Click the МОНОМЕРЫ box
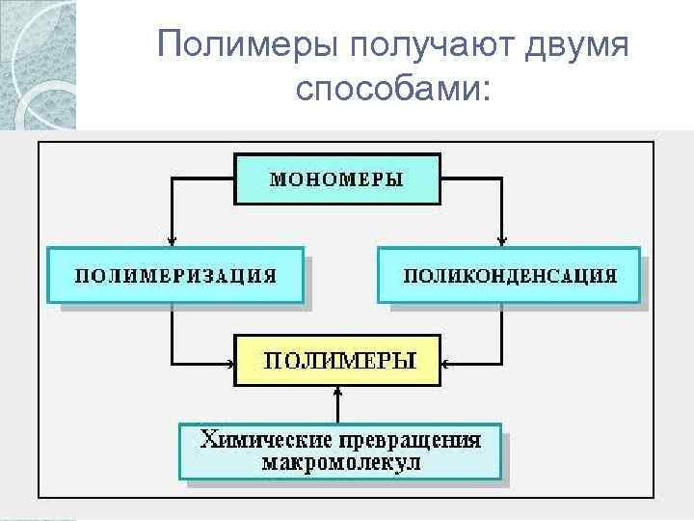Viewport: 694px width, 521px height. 337,178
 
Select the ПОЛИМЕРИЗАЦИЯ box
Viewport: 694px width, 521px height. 175,275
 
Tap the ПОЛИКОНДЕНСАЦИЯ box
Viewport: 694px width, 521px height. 508,275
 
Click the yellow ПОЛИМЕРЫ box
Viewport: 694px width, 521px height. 337,361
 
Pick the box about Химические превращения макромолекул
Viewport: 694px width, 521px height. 340,451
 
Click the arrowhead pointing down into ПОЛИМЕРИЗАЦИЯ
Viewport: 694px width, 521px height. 172,241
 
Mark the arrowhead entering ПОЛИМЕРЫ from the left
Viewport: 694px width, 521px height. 229,365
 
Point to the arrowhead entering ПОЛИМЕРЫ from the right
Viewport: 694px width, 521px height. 446,365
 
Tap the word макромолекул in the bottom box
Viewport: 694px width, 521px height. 340,462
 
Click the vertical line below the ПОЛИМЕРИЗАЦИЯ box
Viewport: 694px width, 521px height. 172,333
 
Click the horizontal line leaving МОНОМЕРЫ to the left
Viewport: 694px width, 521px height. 202,178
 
